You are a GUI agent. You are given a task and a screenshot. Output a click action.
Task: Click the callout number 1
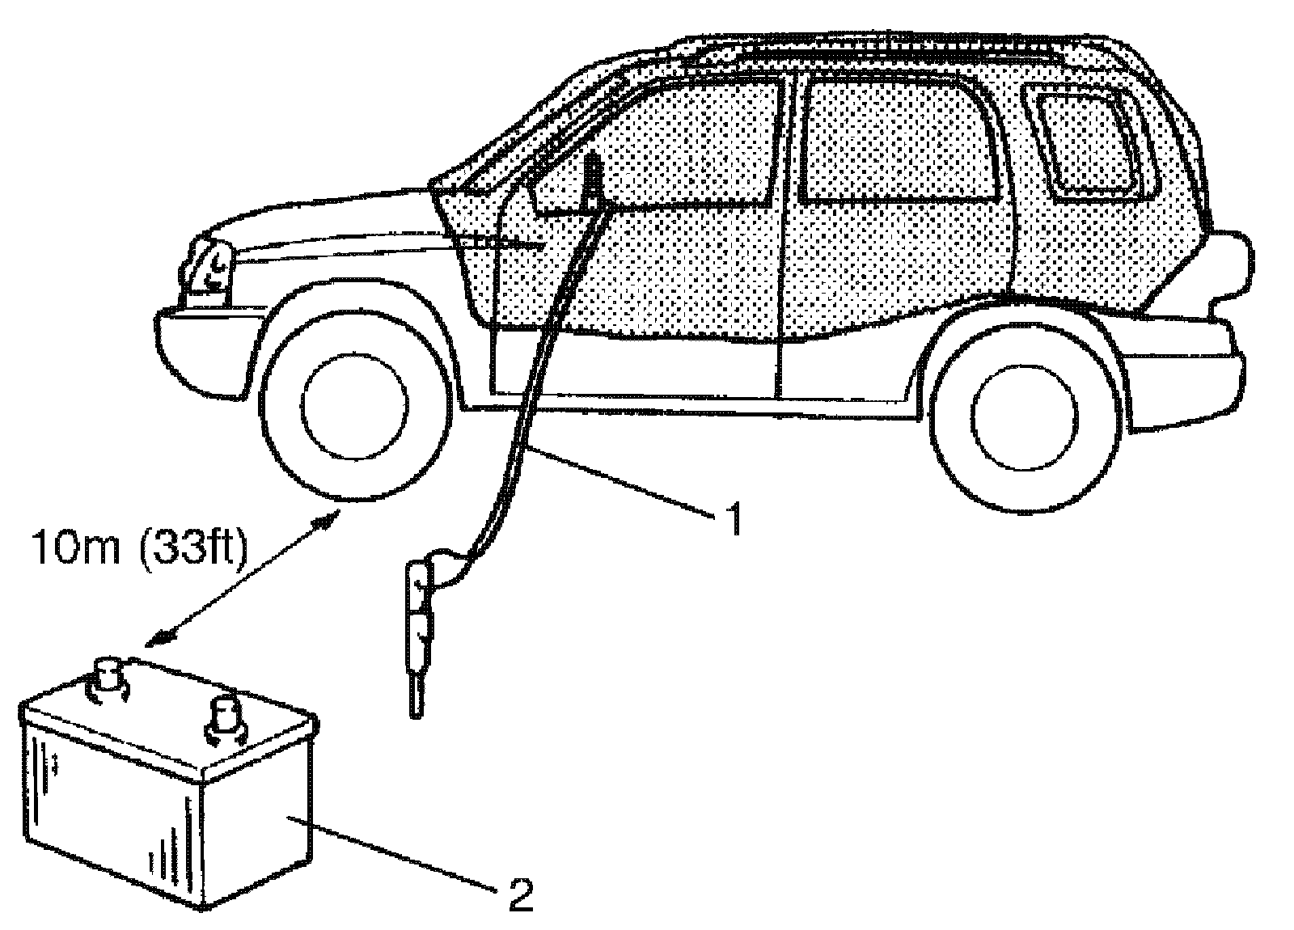point(731,519)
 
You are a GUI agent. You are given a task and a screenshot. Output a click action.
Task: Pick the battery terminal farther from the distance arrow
point(226,716)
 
